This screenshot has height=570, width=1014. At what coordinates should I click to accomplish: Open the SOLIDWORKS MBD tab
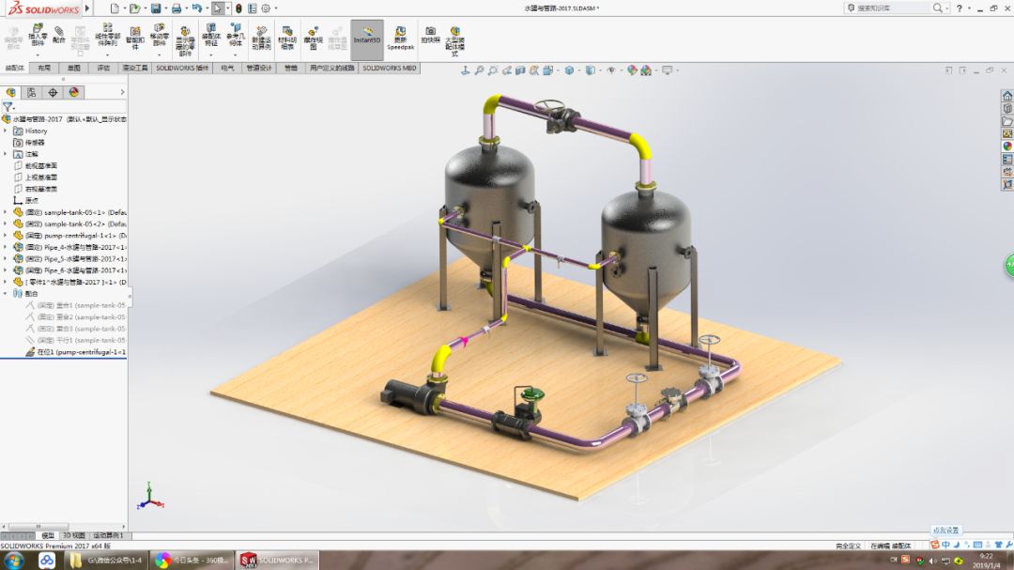coord(390,68)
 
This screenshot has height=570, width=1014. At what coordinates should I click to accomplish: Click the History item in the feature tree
coord(36,131)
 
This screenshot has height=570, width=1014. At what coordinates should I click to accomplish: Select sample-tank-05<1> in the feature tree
coord(75,212)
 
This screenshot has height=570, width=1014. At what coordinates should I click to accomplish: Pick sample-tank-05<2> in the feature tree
coord(75,223)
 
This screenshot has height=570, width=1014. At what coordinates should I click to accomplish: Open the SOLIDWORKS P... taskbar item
coord(278,561)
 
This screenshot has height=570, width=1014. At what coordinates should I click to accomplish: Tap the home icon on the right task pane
coord(1007,96)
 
